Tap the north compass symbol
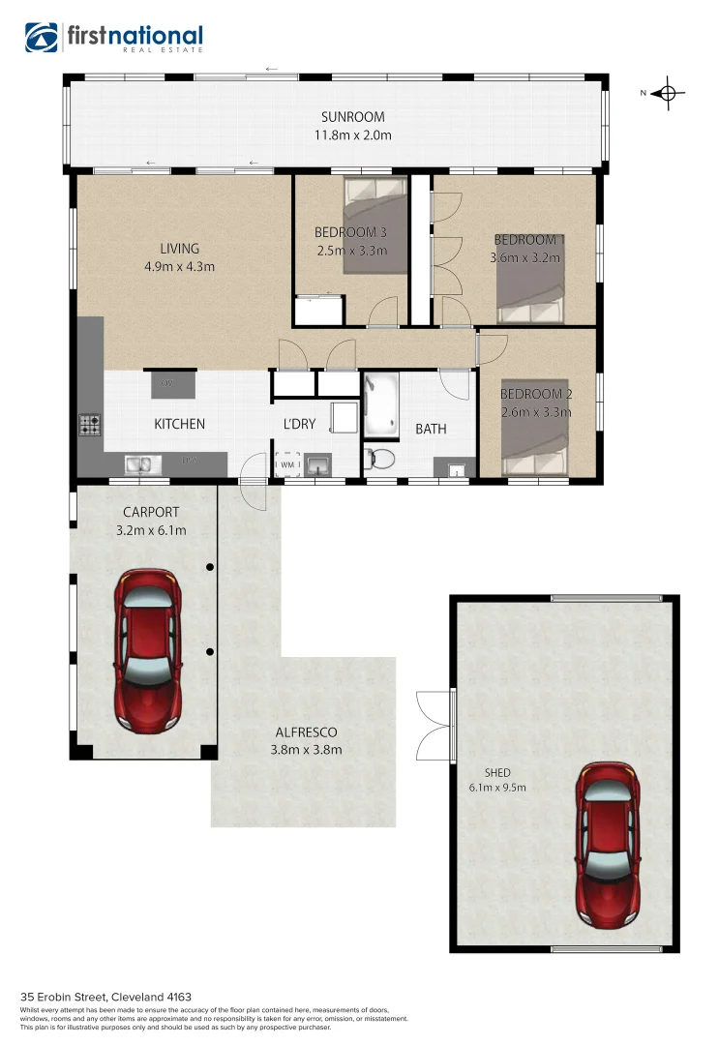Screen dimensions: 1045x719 (x=665, y=94)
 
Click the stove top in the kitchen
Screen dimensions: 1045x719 (x=90, y=424)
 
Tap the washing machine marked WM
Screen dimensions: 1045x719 (x=289, y=464)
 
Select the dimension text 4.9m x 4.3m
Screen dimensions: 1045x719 (x=179, y=266)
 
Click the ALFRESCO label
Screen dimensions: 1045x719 (x=306, y=732)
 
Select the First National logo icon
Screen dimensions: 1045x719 (x=43, y=39)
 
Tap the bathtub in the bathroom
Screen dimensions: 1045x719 (x=379, y=406)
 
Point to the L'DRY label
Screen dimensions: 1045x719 (x=299, y=424)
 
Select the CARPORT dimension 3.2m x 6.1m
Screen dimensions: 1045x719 (x=151, y=529)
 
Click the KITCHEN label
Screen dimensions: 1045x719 (x=180, y=424)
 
